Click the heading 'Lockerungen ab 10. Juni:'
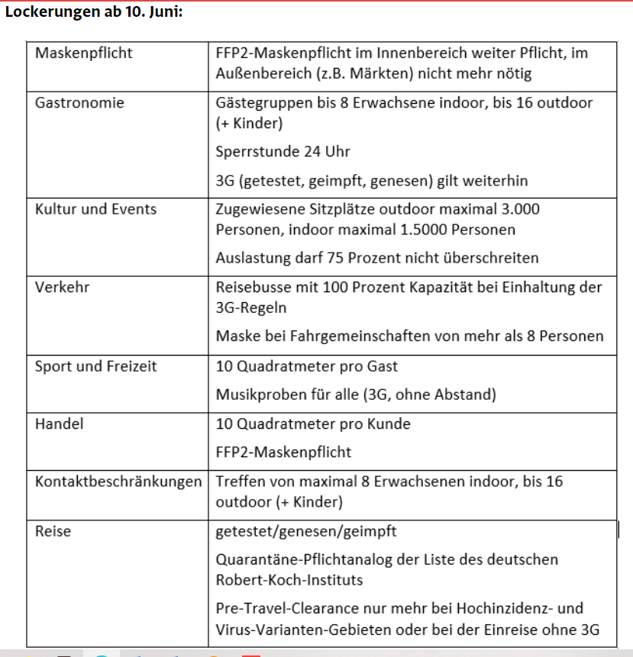click(93, 13)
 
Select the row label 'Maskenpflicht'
click(83, 53)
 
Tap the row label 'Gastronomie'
click(79, 102)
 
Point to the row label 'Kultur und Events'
click(95, 209)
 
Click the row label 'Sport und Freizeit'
click(95, 366)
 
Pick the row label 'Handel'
click(59, 424)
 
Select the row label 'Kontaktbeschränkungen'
click(118, 481)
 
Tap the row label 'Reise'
click(53, 530)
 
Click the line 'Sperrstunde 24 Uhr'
click(283, 151)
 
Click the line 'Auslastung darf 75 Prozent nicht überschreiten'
click(377, 258)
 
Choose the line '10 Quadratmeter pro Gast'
click(307, 366)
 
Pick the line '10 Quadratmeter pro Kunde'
click(313, 424)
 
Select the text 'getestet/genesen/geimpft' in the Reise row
click(306, 530)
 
